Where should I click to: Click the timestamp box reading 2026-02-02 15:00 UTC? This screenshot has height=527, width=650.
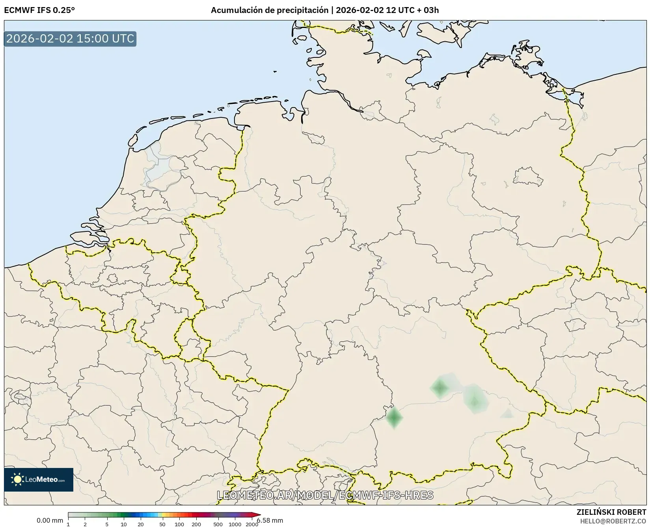pos(70,39)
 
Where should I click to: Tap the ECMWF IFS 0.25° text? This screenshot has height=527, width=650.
pos(39,10)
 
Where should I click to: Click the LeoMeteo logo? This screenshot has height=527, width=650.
pos(39,479)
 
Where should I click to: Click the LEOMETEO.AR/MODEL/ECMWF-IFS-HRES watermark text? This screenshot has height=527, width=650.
pos(325,495)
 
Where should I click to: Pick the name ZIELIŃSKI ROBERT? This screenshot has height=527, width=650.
pos(611,512)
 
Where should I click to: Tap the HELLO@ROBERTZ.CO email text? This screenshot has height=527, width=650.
pos(613,521)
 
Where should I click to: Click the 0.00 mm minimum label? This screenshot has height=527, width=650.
pos(50,520)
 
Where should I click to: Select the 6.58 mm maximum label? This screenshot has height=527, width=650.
pos(270,520)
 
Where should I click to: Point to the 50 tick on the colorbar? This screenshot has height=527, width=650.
pos(162,524)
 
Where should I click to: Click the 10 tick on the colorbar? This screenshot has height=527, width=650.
pos(124,524)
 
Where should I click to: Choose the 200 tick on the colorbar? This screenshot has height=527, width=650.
pos(196,524)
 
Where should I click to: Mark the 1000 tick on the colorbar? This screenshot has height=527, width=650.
pos(235,524)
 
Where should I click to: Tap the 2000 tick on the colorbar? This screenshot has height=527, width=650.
pos(252,524)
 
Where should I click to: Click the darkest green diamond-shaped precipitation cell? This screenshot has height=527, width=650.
pos(394,418)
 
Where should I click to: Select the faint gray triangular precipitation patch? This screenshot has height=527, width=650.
pos(507,413)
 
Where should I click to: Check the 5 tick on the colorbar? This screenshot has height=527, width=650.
pos(107,524)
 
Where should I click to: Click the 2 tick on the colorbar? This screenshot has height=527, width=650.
pos(85,524)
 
